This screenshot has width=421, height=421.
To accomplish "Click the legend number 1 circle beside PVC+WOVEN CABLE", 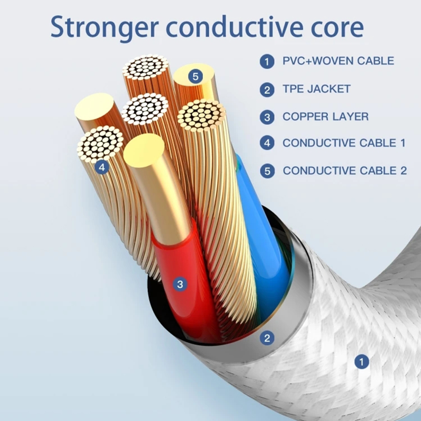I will (x=267, y=61).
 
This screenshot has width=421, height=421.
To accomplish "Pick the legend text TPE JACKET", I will (x=317, y=89).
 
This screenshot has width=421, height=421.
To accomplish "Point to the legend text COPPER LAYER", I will (x=325, y=117).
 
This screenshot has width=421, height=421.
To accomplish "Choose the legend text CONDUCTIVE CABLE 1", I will (x=344, y=143).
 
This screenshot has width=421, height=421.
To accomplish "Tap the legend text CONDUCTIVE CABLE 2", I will (x=345, y=171).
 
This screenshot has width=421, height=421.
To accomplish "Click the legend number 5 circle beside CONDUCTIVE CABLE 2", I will (x=267, y=171).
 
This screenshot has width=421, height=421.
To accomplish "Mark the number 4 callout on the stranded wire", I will (x=101, y=167).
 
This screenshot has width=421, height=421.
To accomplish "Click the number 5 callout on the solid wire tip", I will (x=195, y=77).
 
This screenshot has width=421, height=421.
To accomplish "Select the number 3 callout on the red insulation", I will (x=180, y=284).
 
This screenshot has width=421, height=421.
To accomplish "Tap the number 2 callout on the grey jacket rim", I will (x=267, y=337).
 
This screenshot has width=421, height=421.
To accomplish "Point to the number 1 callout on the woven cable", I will (x=361, y=361).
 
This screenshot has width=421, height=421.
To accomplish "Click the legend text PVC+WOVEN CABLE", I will (x=338, y=61).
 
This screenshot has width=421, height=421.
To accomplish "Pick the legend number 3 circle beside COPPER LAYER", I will (x=267, y=117).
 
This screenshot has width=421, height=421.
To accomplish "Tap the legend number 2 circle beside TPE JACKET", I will (x=267, y=89).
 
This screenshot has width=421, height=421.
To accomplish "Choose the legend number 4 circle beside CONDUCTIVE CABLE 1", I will (x=267, y=143).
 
